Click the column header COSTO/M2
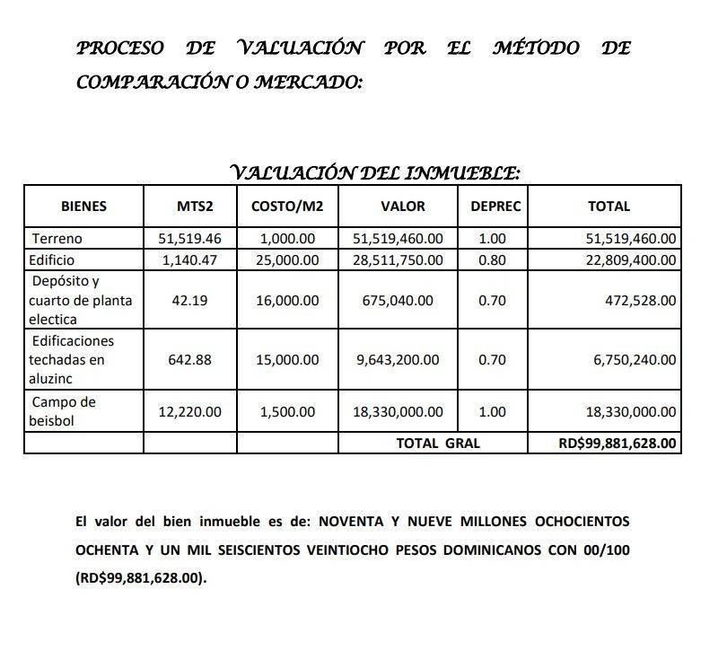(288, 207)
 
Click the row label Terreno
(57, 239)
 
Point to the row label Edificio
(54, 260)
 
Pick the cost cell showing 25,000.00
(288, 260)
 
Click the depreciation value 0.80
(492, 260)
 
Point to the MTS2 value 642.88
(188, 359)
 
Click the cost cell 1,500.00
(288, 411)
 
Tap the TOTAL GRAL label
(438, 443)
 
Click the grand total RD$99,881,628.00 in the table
(617, 443)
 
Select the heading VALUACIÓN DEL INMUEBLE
(375, 171)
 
